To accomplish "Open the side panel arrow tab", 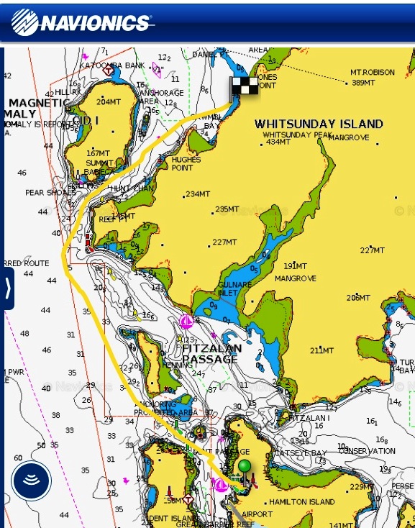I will coord(7,288).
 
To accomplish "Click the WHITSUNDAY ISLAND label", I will coord(319,124).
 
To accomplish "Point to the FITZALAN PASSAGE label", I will coord(210,353).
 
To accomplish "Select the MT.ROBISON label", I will coord(373,73).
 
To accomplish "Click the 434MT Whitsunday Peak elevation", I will coord(278,142).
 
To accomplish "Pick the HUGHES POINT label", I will coord(186,163).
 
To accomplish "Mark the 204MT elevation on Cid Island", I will coord(109,101).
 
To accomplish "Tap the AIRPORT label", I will coord(257,514).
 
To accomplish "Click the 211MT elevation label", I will coord(321,350).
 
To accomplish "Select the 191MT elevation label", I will coord(295,266).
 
